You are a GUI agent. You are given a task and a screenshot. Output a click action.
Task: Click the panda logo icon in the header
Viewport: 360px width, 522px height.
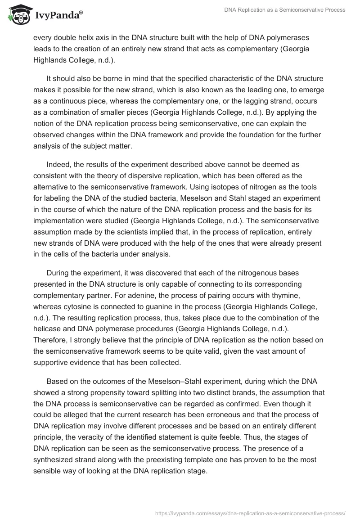click(17, 14)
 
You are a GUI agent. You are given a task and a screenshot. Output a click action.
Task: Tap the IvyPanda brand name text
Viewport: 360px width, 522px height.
click(57, 15)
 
